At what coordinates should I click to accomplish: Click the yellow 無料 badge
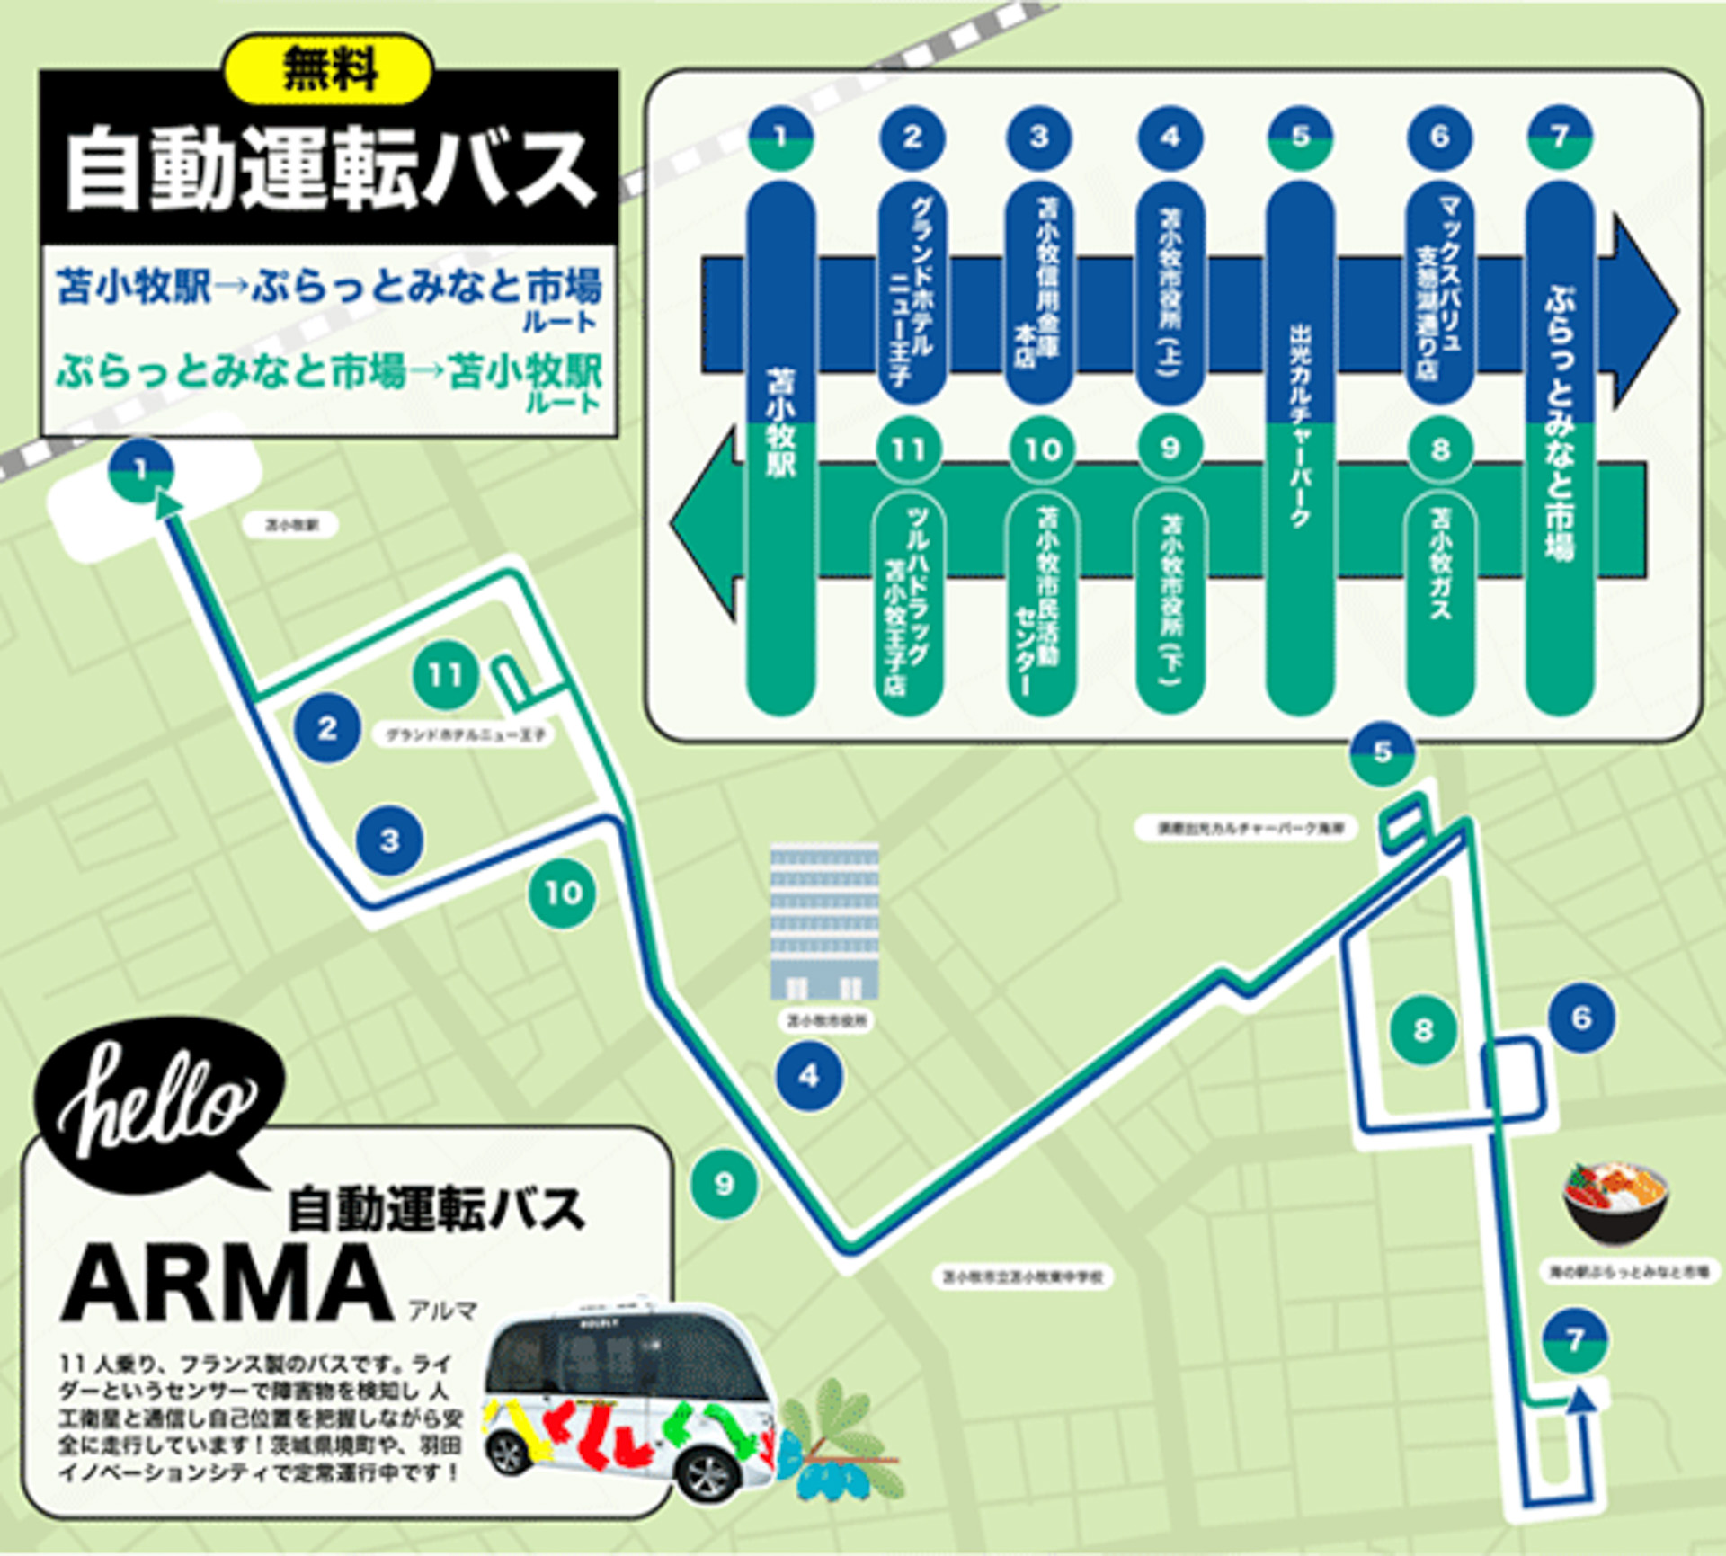[329, 69]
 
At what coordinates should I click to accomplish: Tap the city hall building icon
[824, 922]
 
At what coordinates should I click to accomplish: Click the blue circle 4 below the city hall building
[809, 1075]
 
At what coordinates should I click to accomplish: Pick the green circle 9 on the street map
[724, 1184]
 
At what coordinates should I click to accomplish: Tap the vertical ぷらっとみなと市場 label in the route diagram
[1560, 422]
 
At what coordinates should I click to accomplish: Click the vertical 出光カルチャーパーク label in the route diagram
[1300, 422]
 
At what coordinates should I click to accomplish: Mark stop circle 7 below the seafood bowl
[1574, 1340]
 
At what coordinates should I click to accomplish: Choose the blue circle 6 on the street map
[1581, 1018]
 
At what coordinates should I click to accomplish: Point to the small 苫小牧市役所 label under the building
[825, 1021]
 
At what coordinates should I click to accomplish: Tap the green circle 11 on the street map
[445, 674]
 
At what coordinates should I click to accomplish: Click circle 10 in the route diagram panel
[1041, 449]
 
